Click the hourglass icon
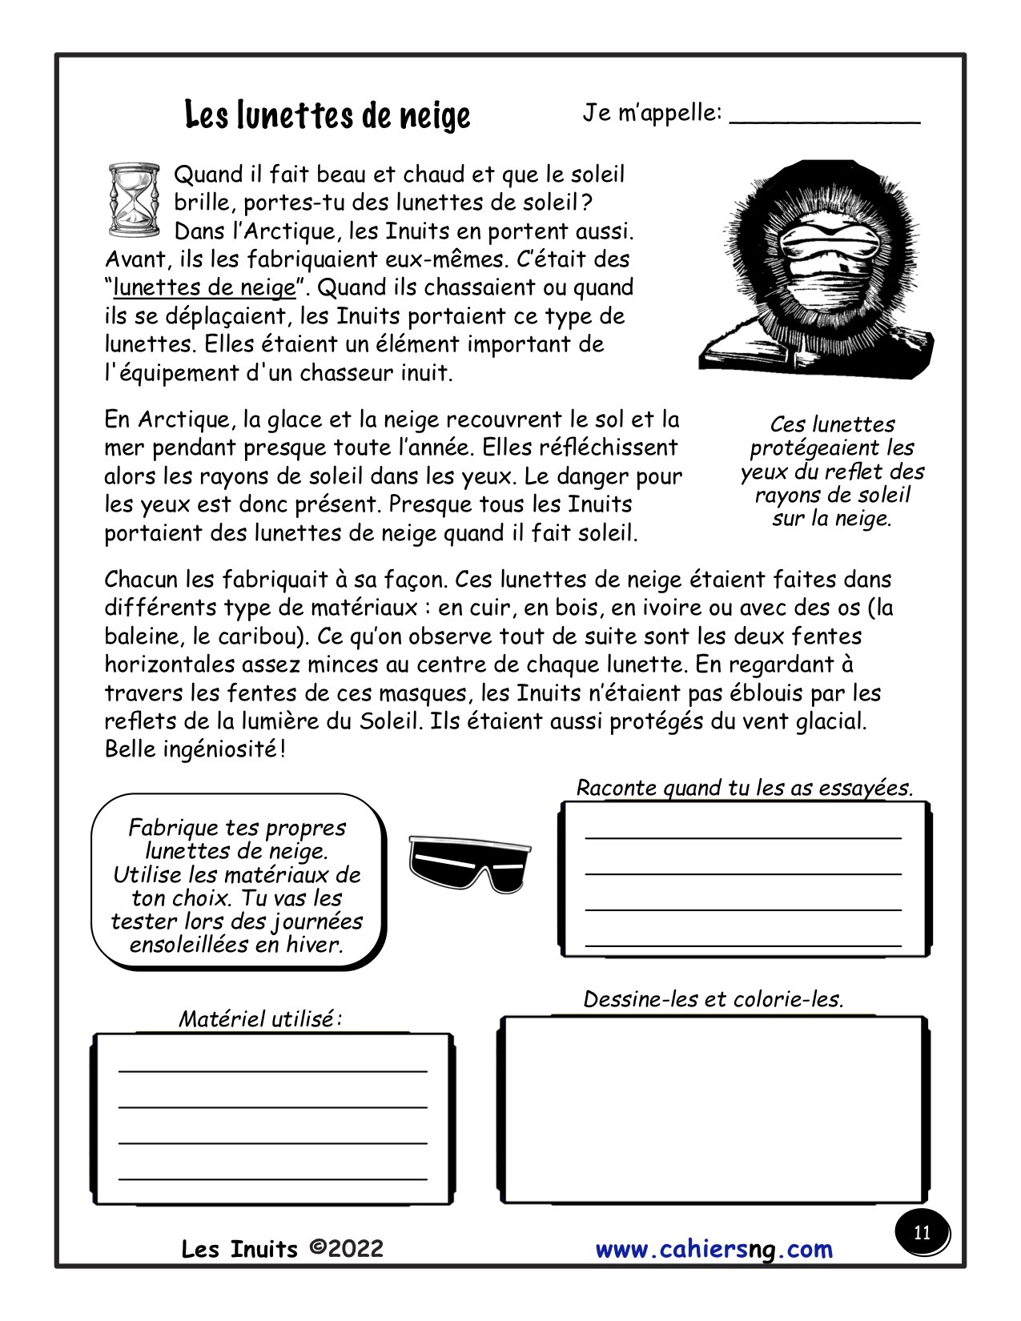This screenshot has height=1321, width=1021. point(133,200)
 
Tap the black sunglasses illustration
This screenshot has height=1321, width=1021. point(469,863)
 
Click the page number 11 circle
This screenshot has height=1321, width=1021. point(922,1232)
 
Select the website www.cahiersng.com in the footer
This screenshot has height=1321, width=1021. point(713,1249)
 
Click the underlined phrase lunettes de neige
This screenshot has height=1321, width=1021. point(204,287)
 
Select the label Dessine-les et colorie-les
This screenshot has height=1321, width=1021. point(713,999)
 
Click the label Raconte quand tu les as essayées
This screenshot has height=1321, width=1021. point(745,788)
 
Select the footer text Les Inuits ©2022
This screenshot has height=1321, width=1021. point(283,1249)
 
